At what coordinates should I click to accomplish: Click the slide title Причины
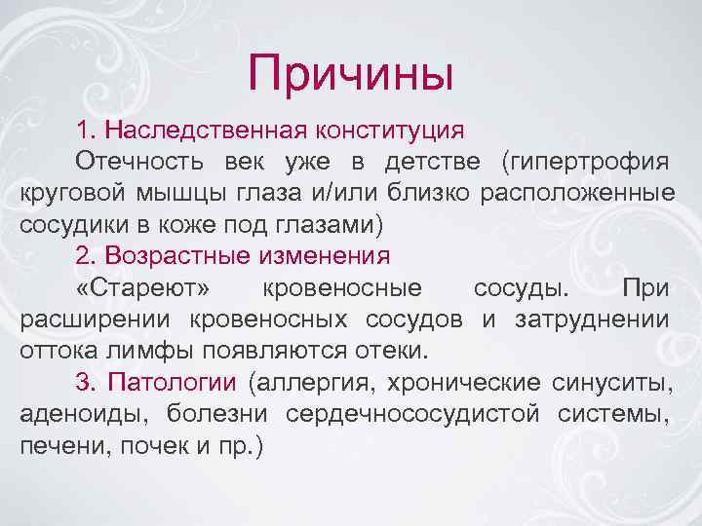(x=351, y=73)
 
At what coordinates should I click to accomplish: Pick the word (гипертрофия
(x=584, y=161)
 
